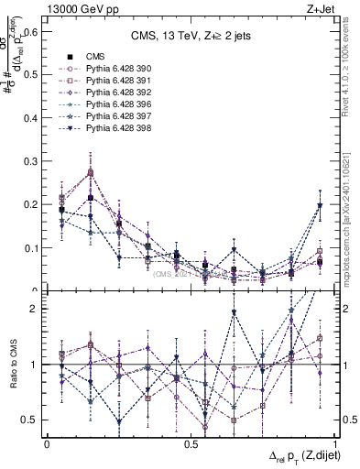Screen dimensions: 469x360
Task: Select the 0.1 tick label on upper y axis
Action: pos(30,247)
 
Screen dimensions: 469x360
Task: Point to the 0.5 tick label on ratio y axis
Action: pos(30,420)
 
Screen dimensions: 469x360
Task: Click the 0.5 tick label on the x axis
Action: pos(191,444)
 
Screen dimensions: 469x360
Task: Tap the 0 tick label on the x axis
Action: pos(47,444)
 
